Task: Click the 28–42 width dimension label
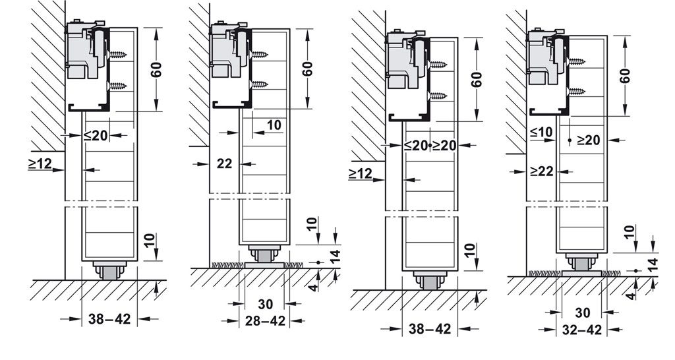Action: [x=266, y=321]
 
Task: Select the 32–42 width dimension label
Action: [x=582, y=330]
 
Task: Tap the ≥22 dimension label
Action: [x=542, y=171]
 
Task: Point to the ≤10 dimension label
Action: [x=542, y=132]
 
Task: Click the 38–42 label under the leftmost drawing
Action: [x=109, y=319]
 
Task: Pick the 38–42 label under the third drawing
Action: [x=430, y=330]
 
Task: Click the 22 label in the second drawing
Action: [x=224, y=164]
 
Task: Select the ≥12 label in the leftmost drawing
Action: [x=40, y=164]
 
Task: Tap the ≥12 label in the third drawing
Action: [x=360, y=173]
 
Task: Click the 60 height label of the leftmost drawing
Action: [x=157, y=69]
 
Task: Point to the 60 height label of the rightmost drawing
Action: [x=626, y=76]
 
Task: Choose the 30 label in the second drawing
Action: [x=265, y=304]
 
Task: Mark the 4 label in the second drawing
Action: [x=314, y=287]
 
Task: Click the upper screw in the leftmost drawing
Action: [x=118, y=55]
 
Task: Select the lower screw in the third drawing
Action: [x=438, y=96]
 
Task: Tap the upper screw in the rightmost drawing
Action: [x=577, y=61]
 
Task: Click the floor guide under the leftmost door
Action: [x=110, y=271]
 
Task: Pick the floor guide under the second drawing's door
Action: [x=264, y=258]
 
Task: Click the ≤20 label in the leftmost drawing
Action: [x=96, y=135]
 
